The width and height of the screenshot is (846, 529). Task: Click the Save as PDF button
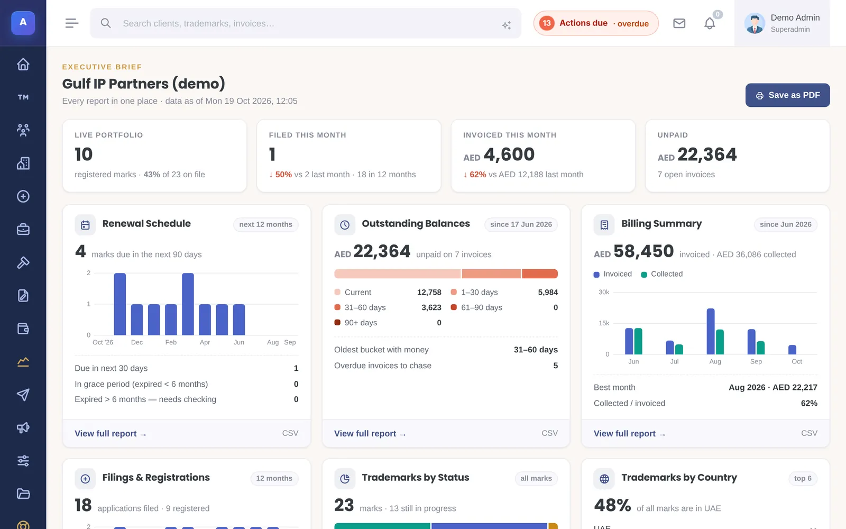coord(787,95)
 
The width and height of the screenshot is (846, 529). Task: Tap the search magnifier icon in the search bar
coord(106,23)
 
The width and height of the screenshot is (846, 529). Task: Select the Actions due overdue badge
coord(596,23)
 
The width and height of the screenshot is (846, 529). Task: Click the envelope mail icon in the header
coord(679,23)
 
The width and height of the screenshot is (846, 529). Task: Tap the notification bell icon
coord(710,24)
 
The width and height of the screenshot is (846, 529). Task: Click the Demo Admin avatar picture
coord(755,23)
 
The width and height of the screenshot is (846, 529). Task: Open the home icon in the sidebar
coord(23,64)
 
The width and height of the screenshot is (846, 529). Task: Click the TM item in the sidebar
coord(23,97)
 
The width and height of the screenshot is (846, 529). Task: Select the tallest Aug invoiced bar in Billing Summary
coord(711,331)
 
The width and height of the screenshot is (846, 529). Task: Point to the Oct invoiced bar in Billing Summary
coord(793,350)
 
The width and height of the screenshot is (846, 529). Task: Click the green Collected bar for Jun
coord(638,341)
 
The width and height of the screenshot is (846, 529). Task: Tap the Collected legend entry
coord(661,274)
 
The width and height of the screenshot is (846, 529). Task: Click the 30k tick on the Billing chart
coord(603,292)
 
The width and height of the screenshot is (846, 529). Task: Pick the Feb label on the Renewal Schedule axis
coord(171,342)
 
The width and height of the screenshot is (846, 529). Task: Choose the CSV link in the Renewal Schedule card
coord(290,433)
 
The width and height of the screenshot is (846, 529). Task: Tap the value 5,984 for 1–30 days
coord(548,293)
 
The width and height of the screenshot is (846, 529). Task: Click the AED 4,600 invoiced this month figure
coord(499,154)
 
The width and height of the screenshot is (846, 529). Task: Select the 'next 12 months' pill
coord(266,224)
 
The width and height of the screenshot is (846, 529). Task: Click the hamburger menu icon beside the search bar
coord(72,23)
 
